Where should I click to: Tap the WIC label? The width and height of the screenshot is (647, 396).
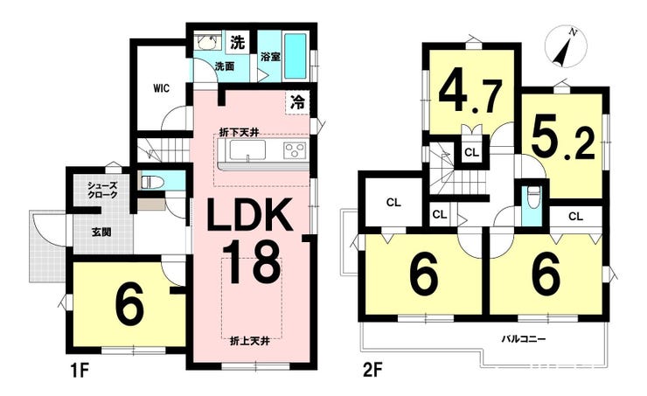click(x=161, y=88)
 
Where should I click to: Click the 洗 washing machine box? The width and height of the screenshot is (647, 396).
click(x=237, y=42)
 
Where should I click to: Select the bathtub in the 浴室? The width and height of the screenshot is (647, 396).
click(x=296, y=56)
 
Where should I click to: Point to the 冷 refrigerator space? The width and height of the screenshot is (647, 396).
click(x=297, y=102)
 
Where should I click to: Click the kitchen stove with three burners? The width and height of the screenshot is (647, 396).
click(x=295, y=149)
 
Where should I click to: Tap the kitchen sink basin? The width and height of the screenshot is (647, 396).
click(x=247, y=149)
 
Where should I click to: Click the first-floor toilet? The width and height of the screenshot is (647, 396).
click(x=152, y=182)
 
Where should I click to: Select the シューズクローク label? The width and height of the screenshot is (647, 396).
click(x=102, y=191)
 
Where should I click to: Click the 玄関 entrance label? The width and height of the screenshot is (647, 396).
click(x=101, y=233)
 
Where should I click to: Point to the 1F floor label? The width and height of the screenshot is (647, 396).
click(x=79, y=371)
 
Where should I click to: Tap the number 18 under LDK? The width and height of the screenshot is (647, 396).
click(x=252, y=262)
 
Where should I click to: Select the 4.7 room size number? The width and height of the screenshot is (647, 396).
click(x=470, y=95)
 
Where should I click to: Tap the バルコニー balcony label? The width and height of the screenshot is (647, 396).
click(x=524, y=340)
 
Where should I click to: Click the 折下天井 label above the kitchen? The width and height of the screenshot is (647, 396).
click(x=239, y=132)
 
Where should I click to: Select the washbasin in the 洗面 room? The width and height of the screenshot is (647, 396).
click(x=205, y=42)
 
